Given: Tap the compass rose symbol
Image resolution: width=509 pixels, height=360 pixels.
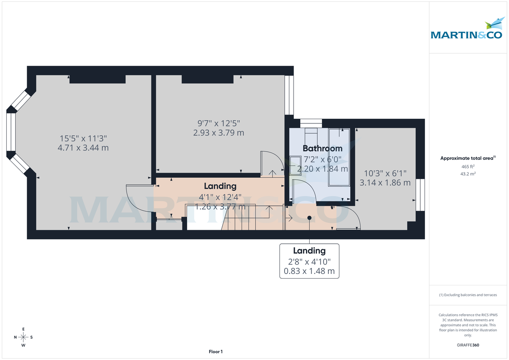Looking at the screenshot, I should pos(24,337).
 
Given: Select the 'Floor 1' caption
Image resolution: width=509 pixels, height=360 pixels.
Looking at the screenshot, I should pos(215,352).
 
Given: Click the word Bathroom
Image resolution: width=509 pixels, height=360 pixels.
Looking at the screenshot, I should pos(322,148).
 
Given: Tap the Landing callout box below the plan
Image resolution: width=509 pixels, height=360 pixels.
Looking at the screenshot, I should pos(309,261).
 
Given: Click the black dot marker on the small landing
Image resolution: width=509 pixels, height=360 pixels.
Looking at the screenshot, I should pos(309,218).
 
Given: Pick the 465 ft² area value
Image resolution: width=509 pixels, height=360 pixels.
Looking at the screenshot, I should pos(468,167).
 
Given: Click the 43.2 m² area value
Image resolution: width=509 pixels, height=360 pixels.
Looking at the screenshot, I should pos(468,174).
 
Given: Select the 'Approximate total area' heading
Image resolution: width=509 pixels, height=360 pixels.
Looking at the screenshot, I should pos(467,158).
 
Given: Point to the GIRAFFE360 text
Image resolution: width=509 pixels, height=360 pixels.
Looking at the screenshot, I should pos(468,345).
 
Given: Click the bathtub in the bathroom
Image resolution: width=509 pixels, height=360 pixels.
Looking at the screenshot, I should pos(339,157).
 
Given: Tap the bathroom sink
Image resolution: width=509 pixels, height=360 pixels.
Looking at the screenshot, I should pos(294,165).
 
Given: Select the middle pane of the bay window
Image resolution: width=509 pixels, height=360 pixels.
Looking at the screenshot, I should pos(11,131).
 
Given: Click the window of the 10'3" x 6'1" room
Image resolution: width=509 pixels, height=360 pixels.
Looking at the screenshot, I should pos(420,195).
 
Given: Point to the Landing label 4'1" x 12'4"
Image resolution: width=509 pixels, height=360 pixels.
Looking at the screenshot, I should pos(220,196).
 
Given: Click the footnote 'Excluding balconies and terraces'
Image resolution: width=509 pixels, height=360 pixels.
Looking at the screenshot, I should pos(468,295).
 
